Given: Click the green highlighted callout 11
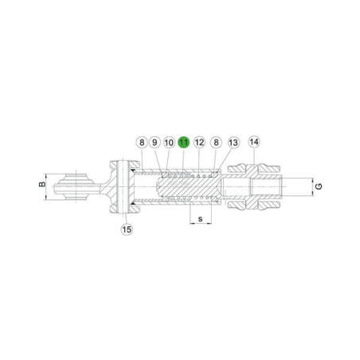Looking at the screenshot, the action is tap(184, 143).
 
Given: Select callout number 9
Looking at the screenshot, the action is tap(155, 143).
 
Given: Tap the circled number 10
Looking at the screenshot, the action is tap(169, 143).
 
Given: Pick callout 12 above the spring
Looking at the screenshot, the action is tap(199, 143).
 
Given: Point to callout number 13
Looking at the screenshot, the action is tap(233, 143).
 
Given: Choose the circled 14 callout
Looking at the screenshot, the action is tap(254, 142).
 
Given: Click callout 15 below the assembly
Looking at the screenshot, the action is tap(127, 229).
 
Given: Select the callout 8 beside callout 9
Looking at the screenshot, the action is tap(142, 143).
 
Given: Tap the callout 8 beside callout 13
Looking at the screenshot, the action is tap(216, 143).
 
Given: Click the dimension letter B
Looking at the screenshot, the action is tap(42, 184).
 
